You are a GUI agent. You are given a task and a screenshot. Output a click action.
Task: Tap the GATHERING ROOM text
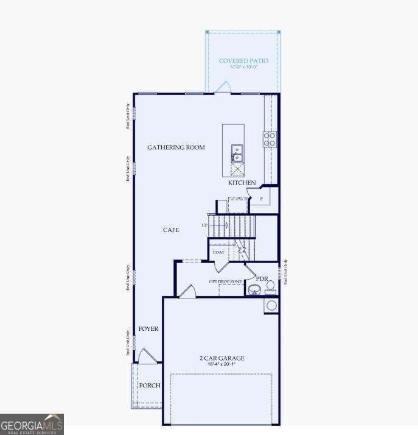[x=176, y=147]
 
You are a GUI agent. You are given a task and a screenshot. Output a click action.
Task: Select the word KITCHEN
[x=242, y=183]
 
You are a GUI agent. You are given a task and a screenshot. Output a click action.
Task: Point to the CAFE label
[x=171, y=230]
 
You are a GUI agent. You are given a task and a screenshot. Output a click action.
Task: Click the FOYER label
[x=148, y=329]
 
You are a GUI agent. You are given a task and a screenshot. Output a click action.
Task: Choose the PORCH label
[x=149, y=386]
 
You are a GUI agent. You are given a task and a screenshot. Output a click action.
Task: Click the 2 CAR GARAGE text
[x=221, y=358]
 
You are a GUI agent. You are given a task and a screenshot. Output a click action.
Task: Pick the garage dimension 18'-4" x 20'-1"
[x=221, y=364]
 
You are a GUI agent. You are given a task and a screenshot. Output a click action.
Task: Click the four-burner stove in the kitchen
[x=270, y=139]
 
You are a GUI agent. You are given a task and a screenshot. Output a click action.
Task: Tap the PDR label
[x=262, y=279]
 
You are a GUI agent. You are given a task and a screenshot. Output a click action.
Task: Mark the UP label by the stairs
[x=204, y=225]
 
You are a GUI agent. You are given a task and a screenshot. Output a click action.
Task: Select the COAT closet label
[x=218, y=252]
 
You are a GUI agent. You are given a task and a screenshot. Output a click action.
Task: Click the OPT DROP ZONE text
[x=225, y=281]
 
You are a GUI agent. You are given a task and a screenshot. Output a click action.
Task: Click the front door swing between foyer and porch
[x=146, y=357]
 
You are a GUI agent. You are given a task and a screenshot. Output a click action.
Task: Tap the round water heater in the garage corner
[x=271, y=305]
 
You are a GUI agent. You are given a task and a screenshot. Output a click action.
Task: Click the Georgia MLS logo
[x=32, y=424]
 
